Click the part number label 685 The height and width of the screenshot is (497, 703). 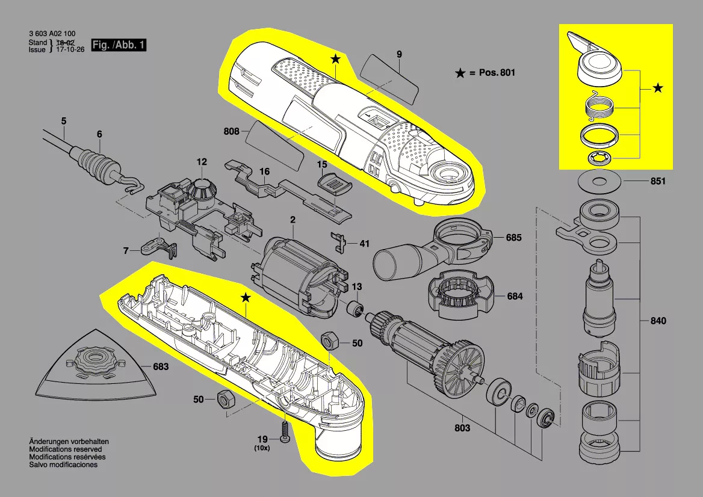tap(513, 238)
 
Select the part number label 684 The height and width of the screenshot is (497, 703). tap(515, 296)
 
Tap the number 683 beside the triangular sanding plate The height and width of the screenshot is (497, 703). tap(161, 366)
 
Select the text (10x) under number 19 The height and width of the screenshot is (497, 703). tap(262, 448)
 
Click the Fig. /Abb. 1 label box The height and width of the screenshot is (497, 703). tap(118, 45)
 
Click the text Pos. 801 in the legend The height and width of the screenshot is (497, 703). tap(497, 73)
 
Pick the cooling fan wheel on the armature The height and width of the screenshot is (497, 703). tap(462, 365)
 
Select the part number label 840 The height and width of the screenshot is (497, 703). tap(658, 321)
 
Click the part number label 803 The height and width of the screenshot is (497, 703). tap(462, 428)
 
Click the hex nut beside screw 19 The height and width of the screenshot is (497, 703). tap(226, 400)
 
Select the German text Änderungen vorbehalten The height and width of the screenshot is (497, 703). tap(69, 442)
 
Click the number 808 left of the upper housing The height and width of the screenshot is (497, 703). tap(232, 131)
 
